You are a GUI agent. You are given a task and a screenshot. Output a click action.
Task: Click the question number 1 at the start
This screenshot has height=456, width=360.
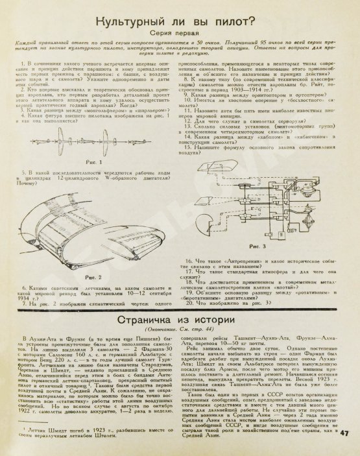click(22, 63)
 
